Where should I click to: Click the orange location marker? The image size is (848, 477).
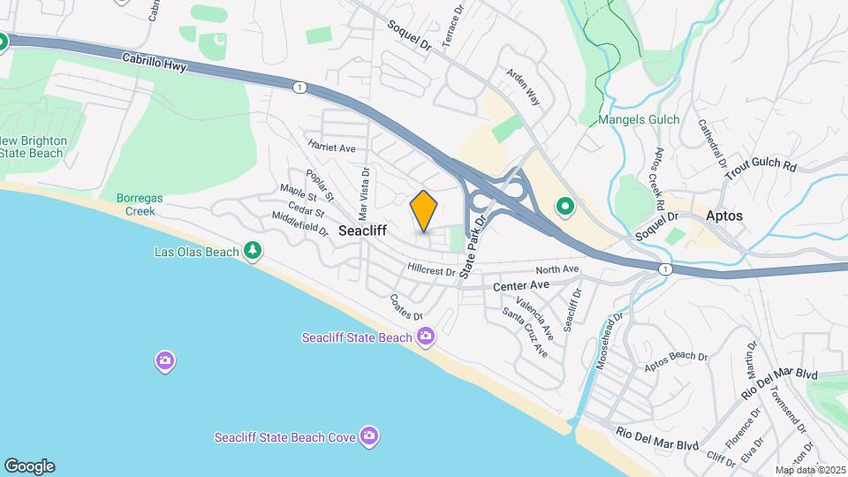pyautogui.click(x=424, y=210)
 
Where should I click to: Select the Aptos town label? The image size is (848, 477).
pyautogui.click(x=724, y=216)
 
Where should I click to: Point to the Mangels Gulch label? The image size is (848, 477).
pyautogui.click(x=639, y=119)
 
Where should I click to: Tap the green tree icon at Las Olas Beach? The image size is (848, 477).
pyautogui.click(x=254, y=252)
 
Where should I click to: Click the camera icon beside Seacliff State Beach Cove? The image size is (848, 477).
pyautogui.click(x=369, y=436)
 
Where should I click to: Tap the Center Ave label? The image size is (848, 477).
pyautogui.click(x=521, y=286)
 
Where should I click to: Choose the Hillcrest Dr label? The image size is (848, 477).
pyautogui.click(x=431, y=269)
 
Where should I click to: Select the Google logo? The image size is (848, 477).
pyautogui.click(x=28, y=466)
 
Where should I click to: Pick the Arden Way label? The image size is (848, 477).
pyautogui.click(x=522, y=87)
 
